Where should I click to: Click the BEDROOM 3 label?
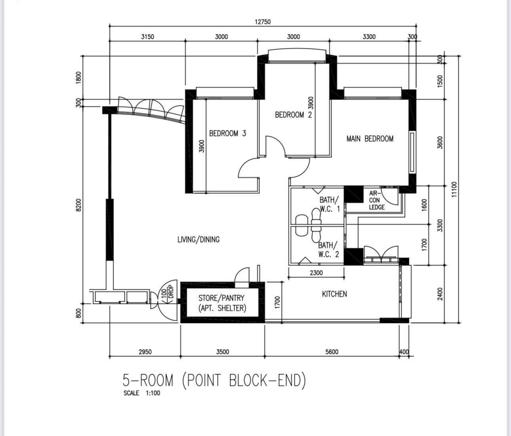click(x=228, y=134)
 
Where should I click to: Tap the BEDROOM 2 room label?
click(x=294, y=115)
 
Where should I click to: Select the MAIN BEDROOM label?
click(x=370, y=139)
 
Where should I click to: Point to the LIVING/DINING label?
click(x=198, y=239)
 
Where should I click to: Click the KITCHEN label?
click(x=334, y=294)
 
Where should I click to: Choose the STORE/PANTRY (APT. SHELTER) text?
click(x=222, y=303)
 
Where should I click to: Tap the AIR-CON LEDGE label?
click(x=377, y=200)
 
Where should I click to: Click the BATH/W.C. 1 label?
click(x=330, y=204)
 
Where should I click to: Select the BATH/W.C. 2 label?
click(x=328, y=250)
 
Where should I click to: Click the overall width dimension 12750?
click(x=263, y=22)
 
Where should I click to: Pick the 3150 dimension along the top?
click(x=147, y=37)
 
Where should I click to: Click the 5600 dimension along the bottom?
click(x=332, y=352)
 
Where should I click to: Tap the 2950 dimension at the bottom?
click(x=145, y=352)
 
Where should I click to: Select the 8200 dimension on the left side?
click(x=78, y=205)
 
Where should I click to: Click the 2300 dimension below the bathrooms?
click(x=316, y=273)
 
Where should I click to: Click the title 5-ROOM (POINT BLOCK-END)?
click(x=214, y=381)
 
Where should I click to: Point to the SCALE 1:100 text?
click(x=142, y=393)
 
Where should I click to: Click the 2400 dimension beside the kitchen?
click(x=440, y=294)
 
